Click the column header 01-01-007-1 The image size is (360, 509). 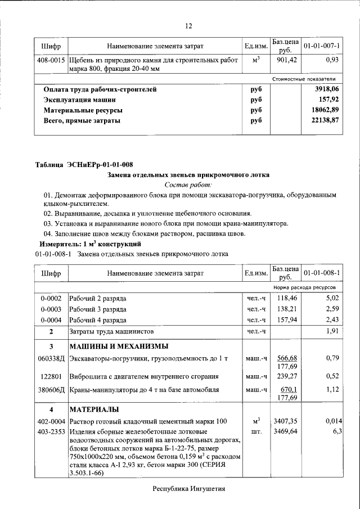point(322,45)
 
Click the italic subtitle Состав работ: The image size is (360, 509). point(188,184)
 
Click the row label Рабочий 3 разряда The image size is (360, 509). point(98,309)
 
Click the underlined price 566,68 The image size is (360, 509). point(285,358)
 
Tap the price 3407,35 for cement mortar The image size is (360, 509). point(285,421)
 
